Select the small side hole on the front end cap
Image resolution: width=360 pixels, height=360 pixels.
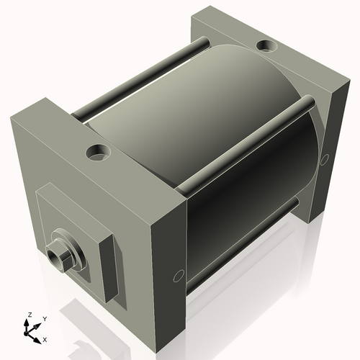tap(179, 275)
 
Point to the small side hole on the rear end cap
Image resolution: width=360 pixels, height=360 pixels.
tap(325, 158)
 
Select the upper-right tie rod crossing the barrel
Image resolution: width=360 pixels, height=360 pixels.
tap(245, 144)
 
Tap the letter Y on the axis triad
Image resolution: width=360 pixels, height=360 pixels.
tap(44, 318)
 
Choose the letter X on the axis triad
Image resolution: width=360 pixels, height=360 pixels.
tap(45, 338)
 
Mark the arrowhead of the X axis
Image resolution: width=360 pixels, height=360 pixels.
tap(38, 337)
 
